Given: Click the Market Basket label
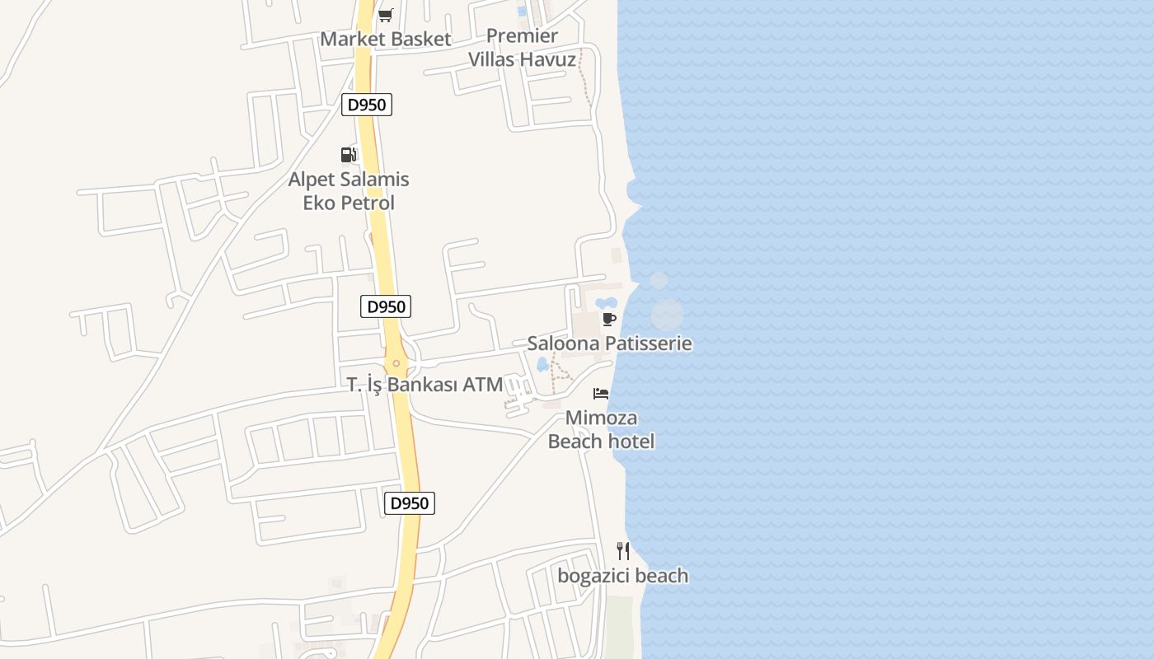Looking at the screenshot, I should tap(386, 39).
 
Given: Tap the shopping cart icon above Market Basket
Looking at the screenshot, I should tap(385, 14).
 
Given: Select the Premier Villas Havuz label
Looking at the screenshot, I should tap(523, 48).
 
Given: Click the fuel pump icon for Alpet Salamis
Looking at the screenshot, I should tap(349, 154).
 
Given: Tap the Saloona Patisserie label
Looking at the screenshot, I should tap(609, 344).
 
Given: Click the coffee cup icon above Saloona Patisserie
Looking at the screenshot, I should tap(609, 319).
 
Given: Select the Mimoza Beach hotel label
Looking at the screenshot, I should tap(601, 429).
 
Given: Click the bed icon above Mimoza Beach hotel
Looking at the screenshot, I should tap(601, 393).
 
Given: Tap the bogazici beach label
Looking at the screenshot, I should tap(622, 576).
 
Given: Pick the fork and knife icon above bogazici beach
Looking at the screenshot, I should tap(623, 550).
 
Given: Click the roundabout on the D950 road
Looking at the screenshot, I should tap(396, 362).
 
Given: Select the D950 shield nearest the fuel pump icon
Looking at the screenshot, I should tap(367, 105).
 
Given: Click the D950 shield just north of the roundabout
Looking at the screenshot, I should tap(386, 306).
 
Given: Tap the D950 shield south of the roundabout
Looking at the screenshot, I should tap(410, 503).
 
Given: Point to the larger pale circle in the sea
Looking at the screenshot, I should tap(667, 315).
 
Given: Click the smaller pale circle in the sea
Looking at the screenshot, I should tap(659, 281).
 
